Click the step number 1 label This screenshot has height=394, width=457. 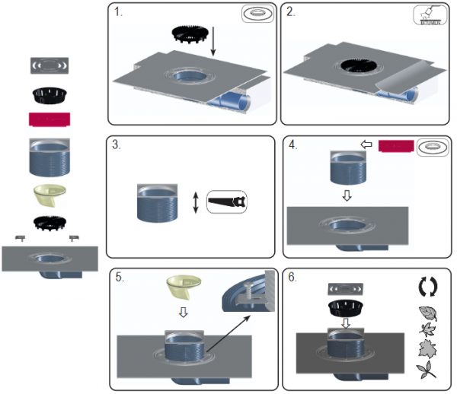point(118,12)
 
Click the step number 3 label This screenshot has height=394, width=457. point(117,145)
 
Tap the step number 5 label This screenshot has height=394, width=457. point(120,277)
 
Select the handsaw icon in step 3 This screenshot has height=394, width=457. point(227,202)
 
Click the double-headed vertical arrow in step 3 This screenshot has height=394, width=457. point(196,202)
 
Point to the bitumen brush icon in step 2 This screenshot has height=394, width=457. point(430,15)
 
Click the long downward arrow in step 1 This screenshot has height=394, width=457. point(213,41)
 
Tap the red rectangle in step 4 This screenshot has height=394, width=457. point(396,146)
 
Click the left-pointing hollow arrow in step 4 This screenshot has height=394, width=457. point(366,145)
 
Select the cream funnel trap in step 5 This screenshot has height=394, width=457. point(184,287)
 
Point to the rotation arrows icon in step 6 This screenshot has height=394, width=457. point(428,287)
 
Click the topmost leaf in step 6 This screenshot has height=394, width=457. point(428,313)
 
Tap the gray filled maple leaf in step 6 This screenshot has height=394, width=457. point(427,348)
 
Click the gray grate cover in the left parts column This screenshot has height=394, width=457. point(50,65)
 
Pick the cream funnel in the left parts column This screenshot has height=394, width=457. point(50,195)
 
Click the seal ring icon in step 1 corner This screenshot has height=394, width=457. point(257,14)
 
